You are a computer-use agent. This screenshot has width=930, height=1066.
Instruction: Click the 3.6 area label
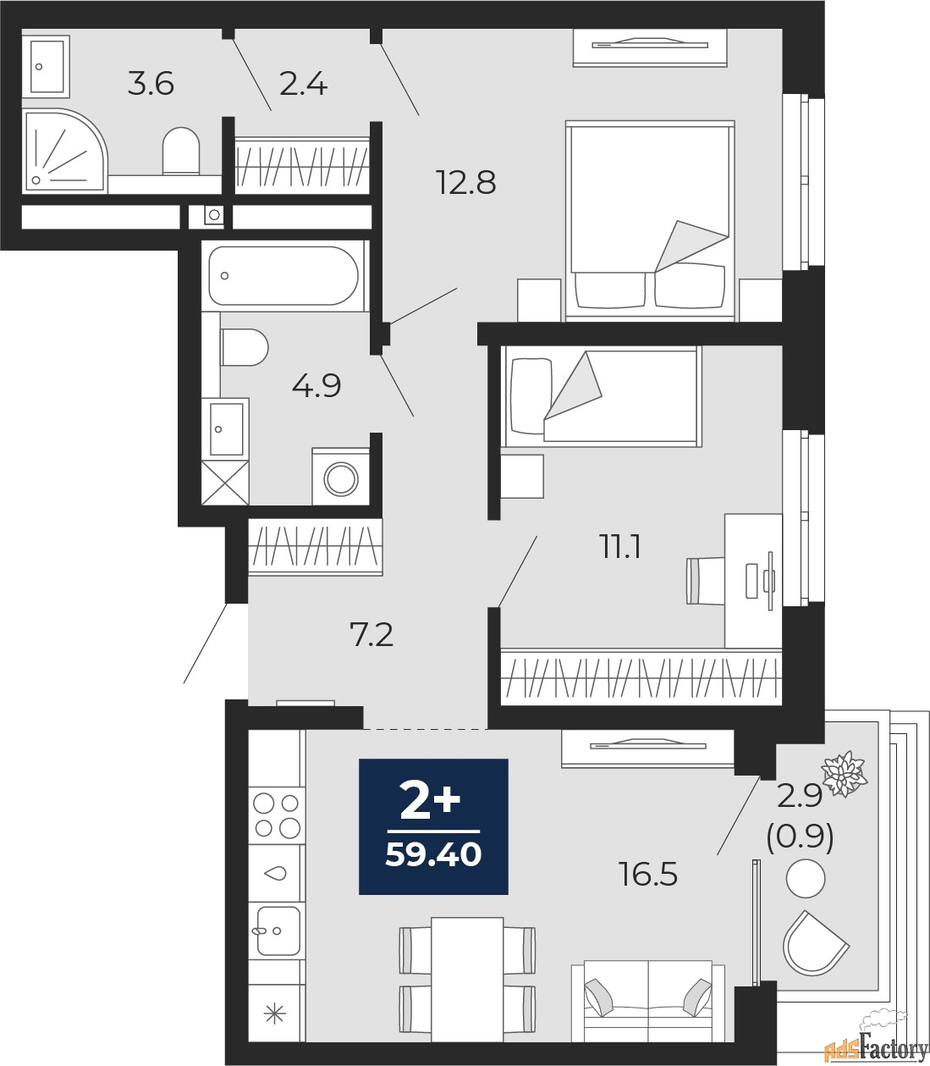click(151, 84)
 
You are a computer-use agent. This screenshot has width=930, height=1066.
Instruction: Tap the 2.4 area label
click(303, 84)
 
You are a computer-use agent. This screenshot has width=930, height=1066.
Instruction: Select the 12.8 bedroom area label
click(467, 183)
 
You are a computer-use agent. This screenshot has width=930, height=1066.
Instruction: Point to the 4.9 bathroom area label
click(316, 386)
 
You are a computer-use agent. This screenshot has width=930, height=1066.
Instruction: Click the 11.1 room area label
click(620, 548)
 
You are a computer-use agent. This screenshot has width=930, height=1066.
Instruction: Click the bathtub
click(283, 276)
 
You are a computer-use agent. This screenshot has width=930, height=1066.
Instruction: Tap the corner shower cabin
click(64, 151)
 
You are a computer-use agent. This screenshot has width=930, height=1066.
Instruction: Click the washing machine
click(341, 476)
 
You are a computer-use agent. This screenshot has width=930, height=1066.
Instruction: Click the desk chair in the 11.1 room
click(705, 580)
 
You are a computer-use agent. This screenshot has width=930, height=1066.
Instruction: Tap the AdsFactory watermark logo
click(877, 1047)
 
